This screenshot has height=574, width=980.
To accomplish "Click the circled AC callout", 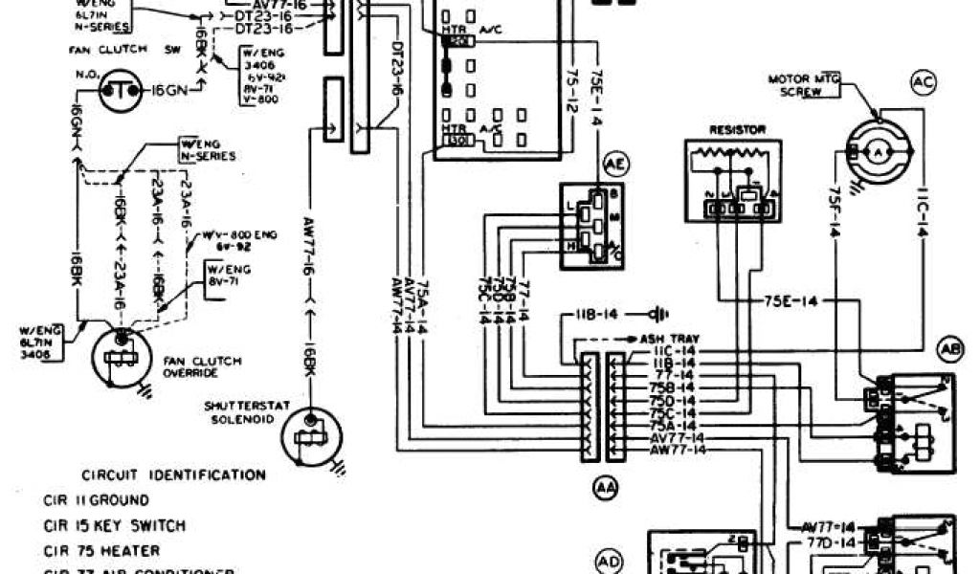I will (923, 83).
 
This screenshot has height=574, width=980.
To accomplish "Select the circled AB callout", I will (950, 350).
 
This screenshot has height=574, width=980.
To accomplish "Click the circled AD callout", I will (610, 561).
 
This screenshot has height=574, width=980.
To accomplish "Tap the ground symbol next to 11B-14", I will (657, 314).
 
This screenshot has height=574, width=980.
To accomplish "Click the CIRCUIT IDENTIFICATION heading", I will (173, 475).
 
